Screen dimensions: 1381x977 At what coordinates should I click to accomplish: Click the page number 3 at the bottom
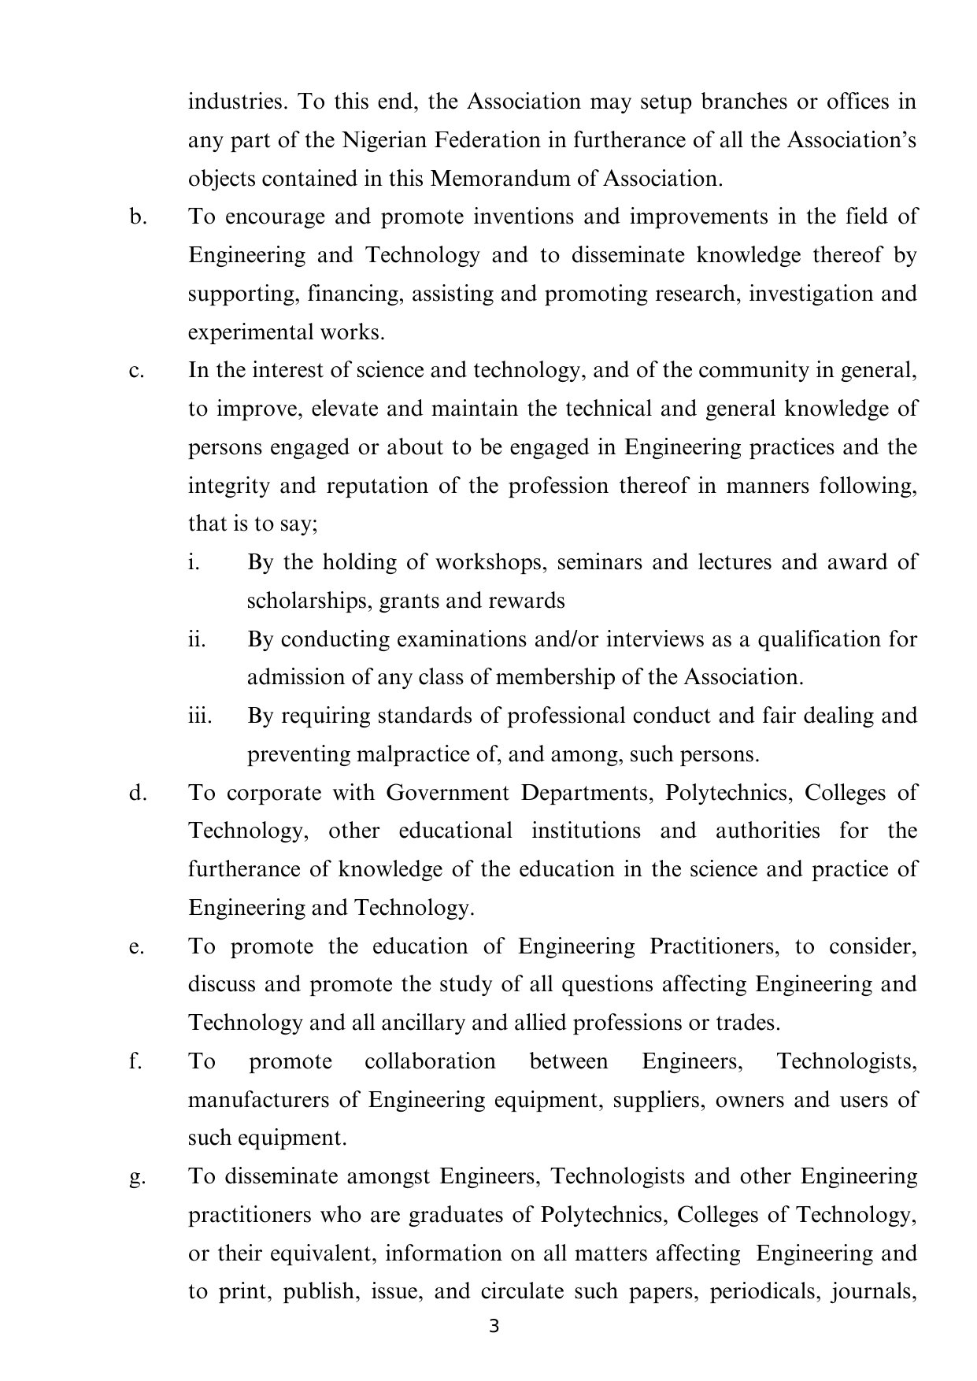coord(494,1327)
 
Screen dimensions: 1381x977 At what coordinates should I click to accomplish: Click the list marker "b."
coord(138,217)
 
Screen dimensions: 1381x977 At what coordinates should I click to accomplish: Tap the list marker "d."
coord(138,793)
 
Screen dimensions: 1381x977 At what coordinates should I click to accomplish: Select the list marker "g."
coord(138,1177)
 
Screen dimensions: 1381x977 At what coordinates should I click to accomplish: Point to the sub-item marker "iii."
coord(200,716)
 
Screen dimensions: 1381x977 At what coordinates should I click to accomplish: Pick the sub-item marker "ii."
coord(197,639)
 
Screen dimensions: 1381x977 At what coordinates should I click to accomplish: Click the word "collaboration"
coord(430,1062)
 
